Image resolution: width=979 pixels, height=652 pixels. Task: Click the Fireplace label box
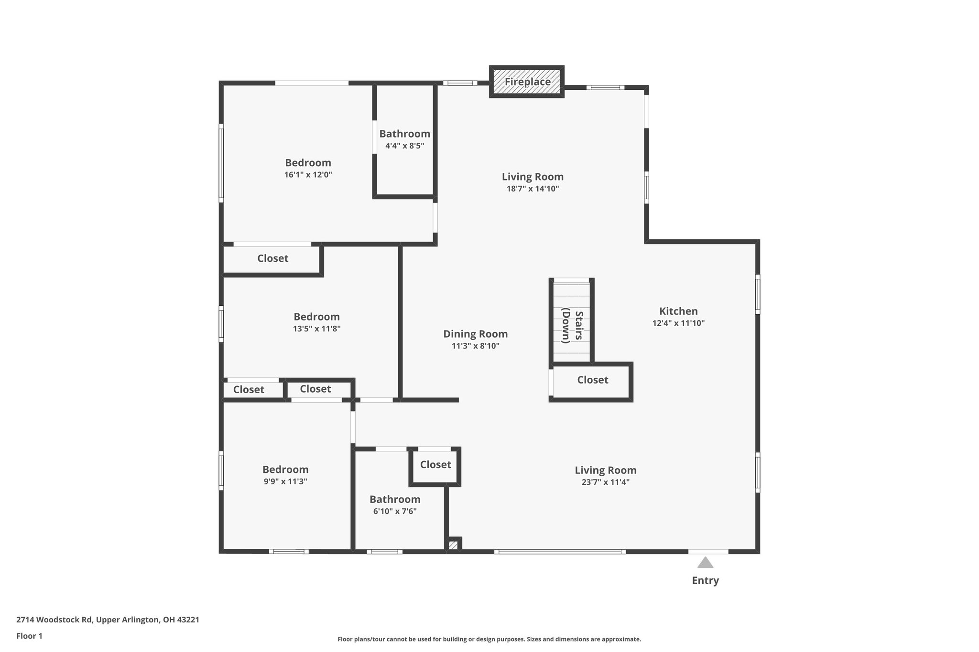(527, 82)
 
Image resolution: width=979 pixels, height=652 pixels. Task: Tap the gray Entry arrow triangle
(705, 563)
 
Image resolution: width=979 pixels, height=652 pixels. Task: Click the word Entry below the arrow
(705, 580)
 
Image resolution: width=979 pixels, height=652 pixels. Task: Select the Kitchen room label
(678, 311)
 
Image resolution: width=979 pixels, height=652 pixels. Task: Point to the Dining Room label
(475, 334)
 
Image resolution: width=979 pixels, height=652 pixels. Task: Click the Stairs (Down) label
(572, 327)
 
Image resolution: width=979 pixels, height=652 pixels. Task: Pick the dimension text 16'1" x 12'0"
(308, 175)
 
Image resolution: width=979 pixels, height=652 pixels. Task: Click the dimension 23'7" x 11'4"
(605, 482)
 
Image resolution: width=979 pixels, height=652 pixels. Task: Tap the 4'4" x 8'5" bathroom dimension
(404, 146)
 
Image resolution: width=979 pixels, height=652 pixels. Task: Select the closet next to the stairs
(592, 380)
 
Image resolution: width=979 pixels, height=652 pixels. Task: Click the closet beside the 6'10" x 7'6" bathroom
(435, 464)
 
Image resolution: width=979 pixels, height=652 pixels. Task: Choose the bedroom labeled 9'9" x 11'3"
(285, 470)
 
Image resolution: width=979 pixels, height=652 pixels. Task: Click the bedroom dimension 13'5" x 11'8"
(316, 329)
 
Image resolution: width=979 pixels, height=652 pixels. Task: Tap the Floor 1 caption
(29, 636)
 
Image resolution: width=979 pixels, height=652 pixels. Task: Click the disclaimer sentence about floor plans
(489, 639)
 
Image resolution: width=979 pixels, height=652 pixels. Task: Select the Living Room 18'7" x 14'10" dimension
(533, 189)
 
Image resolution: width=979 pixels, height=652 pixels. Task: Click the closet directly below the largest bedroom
(272, 258)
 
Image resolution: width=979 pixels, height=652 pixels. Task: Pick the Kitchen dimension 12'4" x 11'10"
(678, 323)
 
